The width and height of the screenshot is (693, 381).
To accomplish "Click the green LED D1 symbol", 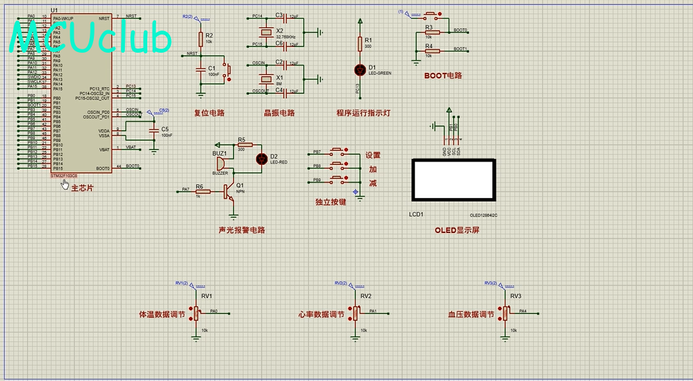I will point(359,69).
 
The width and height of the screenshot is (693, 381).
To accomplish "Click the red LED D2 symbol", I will point(261,159).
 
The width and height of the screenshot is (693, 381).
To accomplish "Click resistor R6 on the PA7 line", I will point(202,191).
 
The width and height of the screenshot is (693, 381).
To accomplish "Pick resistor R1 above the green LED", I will point(359,44).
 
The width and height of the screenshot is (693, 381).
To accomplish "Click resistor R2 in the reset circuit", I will point(201,39).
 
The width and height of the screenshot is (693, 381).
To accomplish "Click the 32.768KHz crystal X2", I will point(265,32).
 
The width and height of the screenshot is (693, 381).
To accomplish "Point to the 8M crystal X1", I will point(265,78).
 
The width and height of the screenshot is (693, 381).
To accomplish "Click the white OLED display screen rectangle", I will point(453,180).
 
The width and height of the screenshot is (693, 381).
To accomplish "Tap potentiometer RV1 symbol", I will point(198,313).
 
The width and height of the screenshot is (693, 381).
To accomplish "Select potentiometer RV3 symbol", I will point(505,313).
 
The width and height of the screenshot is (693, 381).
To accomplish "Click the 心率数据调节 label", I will point(321,315).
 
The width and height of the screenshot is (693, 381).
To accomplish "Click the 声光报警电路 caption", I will point(241,230).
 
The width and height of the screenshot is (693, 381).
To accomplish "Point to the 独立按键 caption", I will point(330,202).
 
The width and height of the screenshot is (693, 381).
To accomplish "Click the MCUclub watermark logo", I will point(91,38).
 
